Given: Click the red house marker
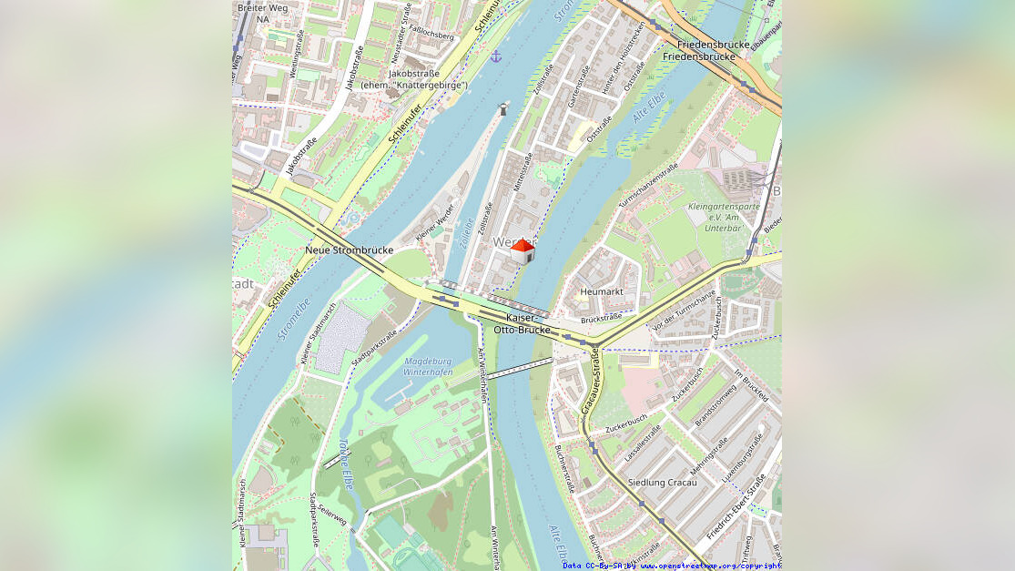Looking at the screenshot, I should (523, 251).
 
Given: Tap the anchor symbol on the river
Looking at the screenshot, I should (496, 56).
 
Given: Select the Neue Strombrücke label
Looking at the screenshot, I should (349, 250).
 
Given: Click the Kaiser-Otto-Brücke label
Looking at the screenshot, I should (522, 323).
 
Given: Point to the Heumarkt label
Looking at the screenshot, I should (601, 291).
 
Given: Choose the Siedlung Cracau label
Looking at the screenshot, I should (662, 482).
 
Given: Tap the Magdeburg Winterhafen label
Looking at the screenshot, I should (427, 366).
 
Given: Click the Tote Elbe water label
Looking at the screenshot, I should (345, 460).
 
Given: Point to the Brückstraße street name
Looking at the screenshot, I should (601, 317).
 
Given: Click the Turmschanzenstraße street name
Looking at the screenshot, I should (648, 185).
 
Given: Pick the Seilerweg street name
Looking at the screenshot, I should (334, 517).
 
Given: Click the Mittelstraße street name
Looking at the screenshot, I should (523, 172).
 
